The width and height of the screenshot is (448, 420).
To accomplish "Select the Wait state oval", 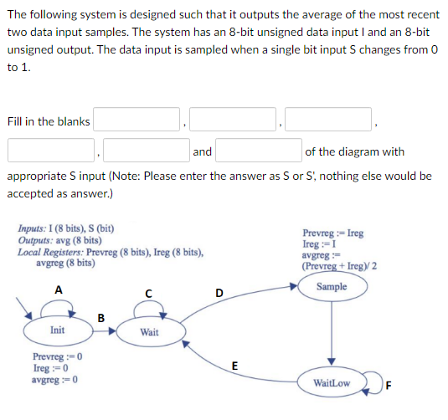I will click(x=150, y=332).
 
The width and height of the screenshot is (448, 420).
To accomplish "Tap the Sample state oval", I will click(x=332, y=287).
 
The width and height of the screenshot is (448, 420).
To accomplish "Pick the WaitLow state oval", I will click(x=332, y=384).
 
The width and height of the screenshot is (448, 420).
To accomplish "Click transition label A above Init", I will click(x=57, y=289).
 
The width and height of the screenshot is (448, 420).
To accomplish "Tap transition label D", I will click(x=219, y=291).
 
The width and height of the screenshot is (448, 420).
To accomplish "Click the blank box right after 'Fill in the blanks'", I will click(x=136, y=121).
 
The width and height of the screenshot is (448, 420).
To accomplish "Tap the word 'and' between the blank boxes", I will click(x=202, y=151).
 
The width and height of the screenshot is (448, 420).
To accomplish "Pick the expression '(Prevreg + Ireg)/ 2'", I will click(x=339, y=266).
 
